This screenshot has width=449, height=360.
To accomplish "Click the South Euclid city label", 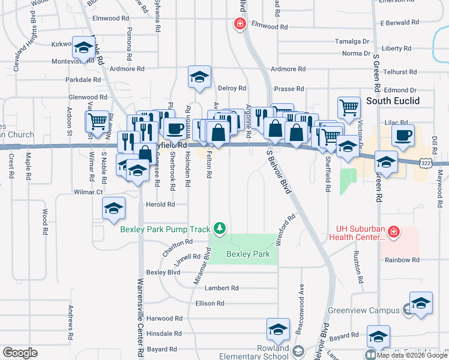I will pos(393,100).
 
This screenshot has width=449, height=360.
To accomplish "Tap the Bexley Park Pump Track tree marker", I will pos(220,227).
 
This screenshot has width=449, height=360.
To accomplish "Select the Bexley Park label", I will pos(248,254).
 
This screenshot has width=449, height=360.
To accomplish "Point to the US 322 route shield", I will pos(425,163).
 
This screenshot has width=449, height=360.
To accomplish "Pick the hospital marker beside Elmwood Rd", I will pos(240,23).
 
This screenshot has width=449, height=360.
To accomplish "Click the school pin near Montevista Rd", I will pos(83,46).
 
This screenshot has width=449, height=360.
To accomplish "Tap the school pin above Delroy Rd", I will pos(199,76).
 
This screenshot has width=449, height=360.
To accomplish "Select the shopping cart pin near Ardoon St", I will pos(97,121).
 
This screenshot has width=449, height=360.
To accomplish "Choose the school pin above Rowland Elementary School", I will pos(278,329).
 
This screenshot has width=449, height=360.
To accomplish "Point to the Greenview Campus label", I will pos(364,310).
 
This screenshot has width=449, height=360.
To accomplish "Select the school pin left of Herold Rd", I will pos(113,208).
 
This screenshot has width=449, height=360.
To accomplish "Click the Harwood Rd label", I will pos(164,318).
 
